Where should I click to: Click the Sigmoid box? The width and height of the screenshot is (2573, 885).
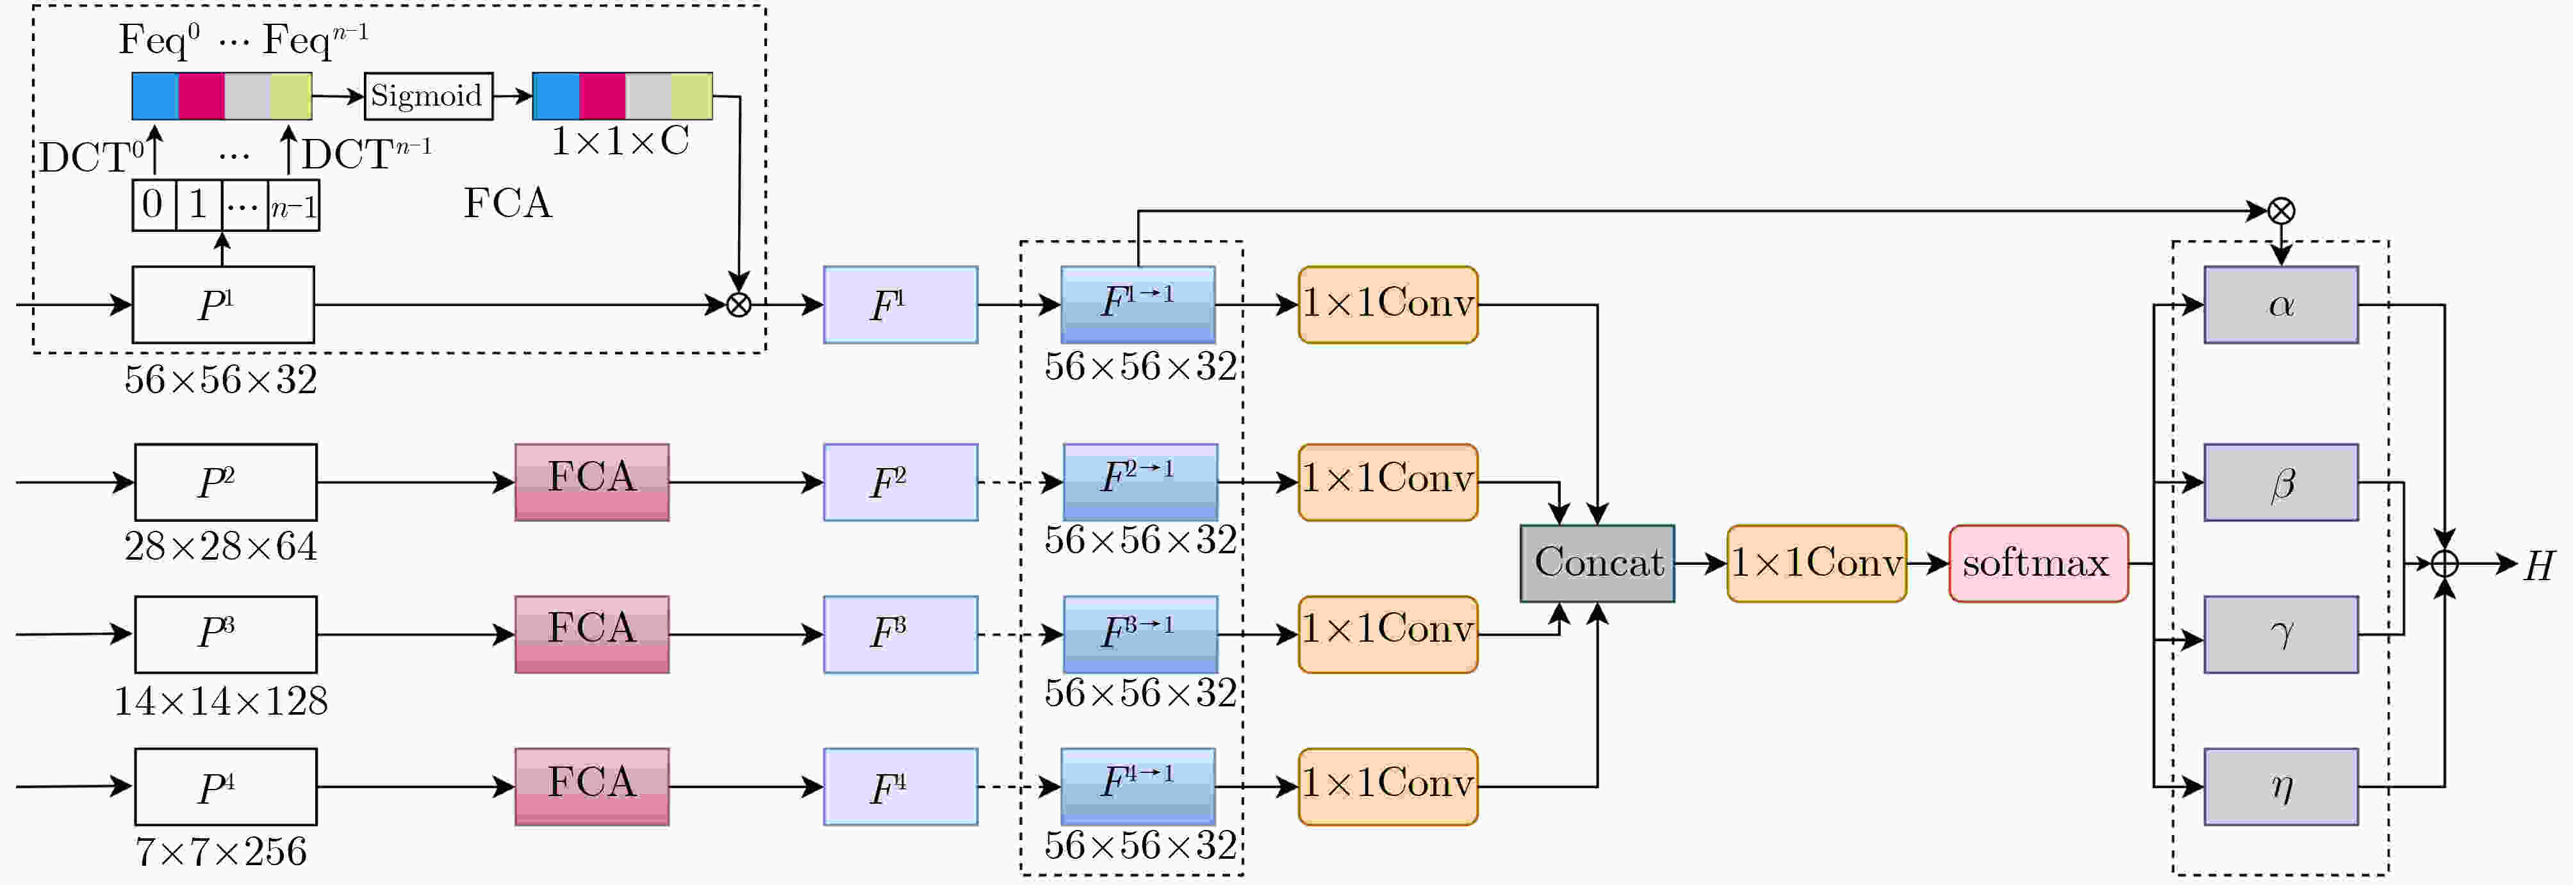pos(429,96)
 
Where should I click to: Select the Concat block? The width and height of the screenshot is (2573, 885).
pos(1597,564)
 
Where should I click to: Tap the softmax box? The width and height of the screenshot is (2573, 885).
pos(2037,564)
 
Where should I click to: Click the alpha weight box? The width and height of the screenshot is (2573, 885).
pos(2281,305)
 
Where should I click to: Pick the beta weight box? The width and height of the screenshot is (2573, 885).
pos(2281,482)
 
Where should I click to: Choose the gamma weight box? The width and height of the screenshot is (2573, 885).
pos(2281,634)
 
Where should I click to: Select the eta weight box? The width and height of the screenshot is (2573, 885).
pos(2281,787)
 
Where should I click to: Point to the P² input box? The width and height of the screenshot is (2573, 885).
pos(226,482)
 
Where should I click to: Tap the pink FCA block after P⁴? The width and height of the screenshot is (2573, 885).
pos(592,787)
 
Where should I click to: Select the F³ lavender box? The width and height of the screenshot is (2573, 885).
pos(901,634)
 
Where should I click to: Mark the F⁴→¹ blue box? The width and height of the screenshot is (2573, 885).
pos(1139,787)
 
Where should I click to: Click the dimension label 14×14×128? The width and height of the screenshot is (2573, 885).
pos(221,701)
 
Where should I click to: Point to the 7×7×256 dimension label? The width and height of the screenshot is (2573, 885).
pos(221,852)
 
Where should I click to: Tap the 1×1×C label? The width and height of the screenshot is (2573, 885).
pos(620,142)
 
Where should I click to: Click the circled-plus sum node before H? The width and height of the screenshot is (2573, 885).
pos(2444,564)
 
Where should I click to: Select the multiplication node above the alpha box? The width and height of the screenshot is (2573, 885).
pos(2281,211)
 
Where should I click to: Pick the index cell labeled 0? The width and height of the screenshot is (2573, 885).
pos(154,206)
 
